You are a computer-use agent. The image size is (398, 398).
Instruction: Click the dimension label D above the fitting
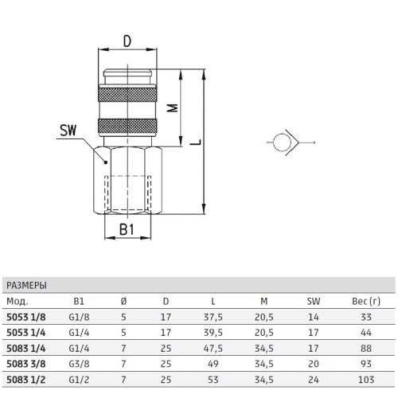(127, 41)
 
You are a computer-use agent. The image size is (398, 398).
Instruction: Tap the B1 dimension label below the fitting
(127, 229)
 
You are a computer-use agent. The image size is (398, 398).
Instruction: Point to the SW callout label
(68, 131)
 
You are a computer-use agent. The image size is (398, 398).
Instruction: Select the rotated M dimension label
(173, 107)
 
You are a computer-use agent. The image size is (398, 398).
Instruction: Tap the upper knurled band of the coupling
(127, 93)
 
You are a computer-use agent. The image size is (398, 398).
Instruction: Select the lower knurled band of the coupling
(127, 127)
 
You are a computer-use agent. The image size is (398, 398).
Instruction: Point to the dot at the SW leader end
(106, 162)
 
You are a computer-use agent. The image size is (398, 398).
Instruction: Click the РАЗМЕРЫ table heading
(26, 285)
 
